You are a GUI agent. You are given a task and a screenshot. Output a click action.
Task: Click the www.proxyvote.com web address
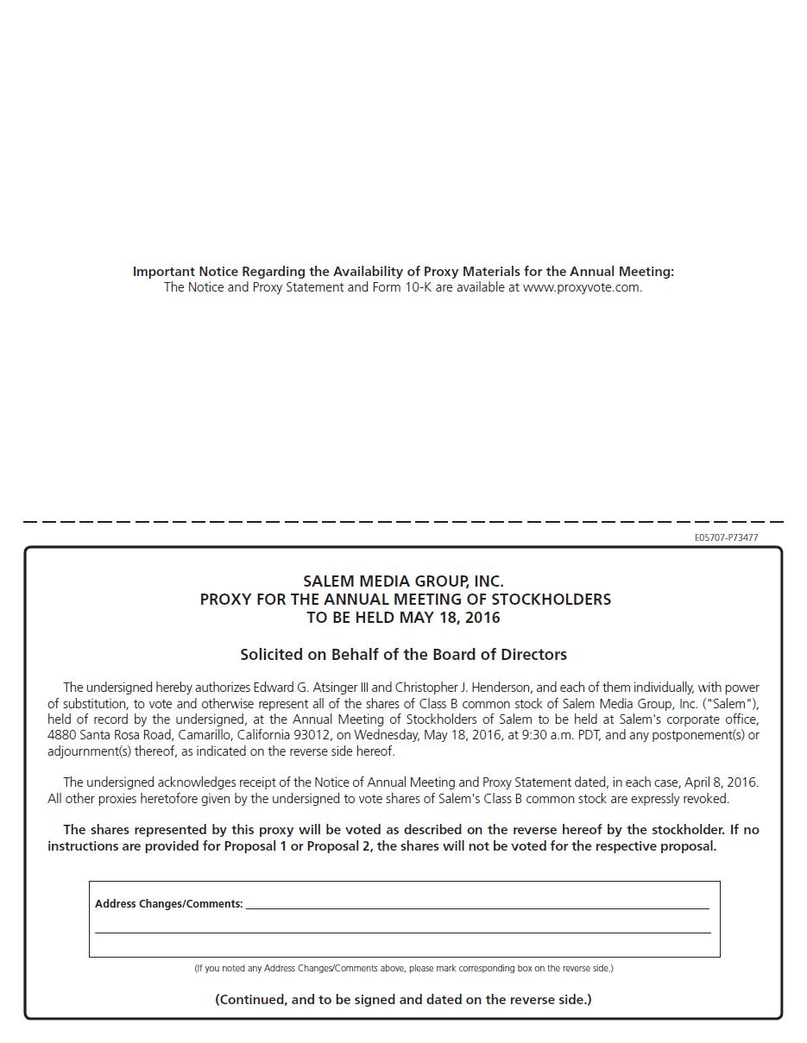click(x=582, y=287)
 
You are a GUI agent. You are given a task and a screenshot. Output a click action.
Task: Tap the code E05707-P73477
click(x=726, y=537)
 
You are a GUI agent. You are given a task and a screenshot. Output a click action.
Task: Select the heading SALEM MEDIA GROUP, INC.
click(x=403, y=581)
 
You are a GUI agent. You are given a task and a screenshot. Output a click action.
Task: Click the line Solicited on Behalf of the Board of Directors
click(x=403, y=655)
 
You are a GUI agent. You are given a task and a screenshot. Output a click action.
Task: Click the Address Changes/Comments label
click(x=168, y=904)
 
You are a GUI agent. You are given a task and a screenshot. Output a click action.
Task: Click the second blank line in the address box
click(x=403, y=931)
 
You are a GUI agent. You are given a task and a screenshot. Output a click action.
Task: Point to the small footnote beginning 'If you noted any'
click(x=403, y=968)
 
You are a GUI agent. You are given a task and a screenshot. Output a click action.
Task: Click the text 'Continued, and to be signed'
click(x=403, y=1000)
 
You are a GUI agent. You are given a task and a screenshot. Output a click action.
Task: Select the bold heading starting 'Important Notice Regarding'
click(x=403, y=272)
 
